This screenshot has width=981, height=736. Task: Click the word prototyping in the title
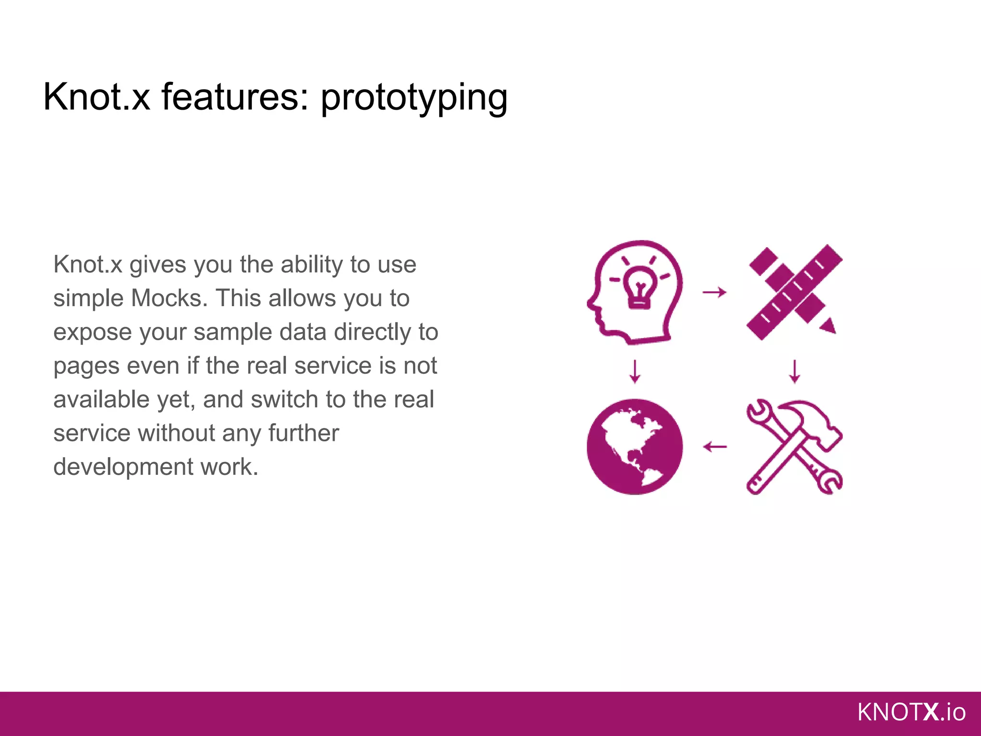(414, 98)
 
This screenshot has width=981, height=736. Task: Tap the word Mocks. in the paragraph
(169, 298)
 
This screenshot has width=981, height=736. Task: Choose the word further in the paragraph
(303, 433)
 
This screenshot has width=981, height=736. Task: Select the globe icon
(635, 447)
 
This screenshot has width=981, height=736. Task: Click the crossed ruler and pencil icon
(793, 292)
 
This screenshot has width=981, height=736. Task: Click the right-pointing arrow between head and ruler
(714, 292)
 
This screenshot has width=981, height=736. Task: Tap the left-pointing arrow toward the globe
(715, 447)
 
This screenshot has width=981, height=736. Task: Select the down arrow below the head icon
(635, 371)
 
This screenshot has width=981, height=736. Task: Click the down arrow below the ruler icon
(794, 371)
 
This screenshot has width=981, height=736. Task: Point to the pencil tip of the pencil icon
(829, 327)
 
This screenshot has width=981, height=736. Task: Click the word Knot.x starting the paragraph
(88, 264)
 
